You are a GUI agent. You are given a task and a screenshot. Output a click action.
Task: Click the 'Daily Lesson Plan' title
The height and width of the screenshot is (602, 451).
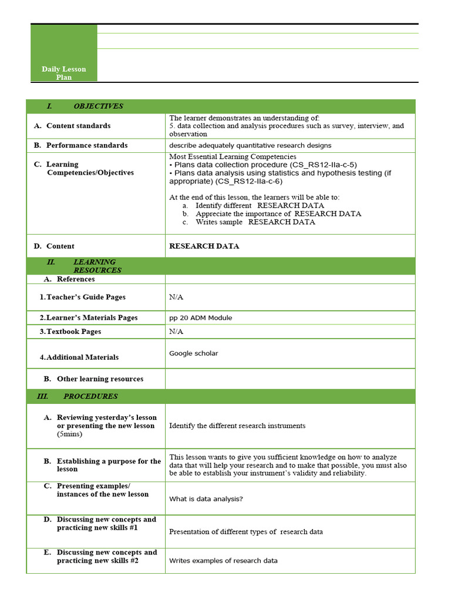[63, 73]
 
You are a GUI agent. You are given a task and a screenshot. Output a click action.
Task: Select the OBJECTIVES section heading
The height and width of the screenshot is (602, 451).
[97, 106]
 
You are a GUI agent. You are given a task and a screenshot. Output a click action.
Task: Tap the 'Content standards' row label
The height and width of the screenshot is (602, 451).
[78, 126]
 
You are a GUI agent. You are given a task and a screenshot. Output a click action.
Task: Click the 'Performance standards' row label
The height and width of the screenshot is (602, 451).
[86, 145]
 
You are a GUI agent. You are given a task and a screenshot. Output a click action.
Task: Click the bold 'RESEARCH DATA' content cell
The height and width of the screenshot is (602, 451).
[204, 246]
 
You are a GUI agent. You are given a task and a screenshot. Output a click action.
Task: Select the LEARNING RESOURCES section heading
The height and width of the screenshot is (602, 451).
[97, 266]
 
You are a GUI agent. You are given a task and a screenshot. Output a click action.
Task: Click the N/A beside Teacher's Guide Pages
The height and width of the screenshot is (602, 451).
[176, 297]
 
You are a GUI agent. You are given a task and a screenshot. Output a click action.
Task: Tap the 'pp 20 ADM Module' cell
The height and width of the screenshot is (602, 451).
[200, 318]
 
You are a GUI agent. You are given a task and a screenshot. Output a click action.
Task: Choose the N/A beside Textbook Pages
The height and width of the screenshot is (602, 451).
[176, 332]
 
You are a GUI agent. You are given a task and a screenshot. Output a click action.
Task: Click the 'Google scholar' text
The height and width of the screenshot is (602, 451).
[193, 353]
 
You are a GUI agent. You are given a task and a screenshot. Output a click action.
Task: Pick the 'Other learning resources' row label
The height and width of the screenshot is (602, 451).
[100, 379]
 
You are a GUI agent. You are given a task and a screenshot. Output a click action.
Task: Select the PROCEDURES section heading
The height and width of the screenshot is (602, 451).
[90, 396]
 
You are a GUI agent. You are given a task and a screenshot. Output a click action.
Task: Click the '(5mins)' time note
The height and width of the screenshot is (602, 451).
[70, 434]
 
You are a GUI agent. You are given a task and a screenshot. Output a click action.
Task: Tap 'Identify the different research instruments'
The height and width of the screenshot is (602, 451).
[237, 426]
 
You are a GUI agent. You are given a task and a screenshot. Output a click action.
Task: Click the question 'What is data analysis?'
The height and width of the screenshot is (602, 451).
[206, 499]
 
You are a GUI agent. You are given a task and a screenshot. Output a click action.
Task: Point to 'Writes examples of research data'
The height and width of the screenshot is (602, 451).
[223, 561]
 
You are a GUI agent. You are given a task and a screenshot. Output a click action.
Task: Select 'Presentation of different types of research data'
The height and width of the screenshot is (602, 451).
[245, 532]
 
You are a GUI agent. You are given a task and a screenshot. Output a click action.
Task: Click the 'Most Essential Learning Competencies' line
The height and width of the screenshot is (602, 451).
[233, 156]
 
